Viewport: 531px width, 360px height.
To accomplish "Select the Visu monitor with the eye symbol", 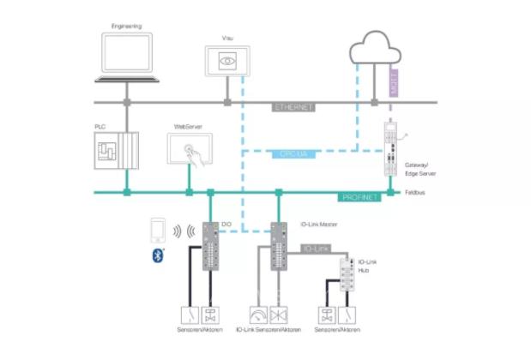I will point(227,63).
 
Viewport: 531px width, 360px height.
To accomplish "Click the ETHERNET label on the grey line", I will point(293,107).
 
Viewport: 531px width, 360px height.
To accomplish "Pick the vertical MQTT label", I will point(395,80).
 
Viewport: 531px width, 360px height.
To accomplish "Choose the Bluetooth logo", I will point(158,255).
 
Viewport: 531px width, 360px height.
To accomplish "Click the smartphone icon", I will point(156,230).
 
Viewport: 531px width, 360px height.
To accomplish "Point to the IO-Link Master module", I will point(280,245).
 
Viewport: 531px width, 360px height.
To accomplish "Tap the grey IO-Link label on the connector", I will point(316,249).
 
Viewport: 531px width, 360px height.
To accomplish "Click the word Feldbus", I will point(417,194).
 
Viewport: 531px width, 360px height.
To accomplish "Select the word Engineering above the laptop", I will point(127,27).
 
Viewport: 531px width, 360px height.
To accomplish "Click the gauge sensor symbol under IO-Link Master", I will point(259,315).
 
